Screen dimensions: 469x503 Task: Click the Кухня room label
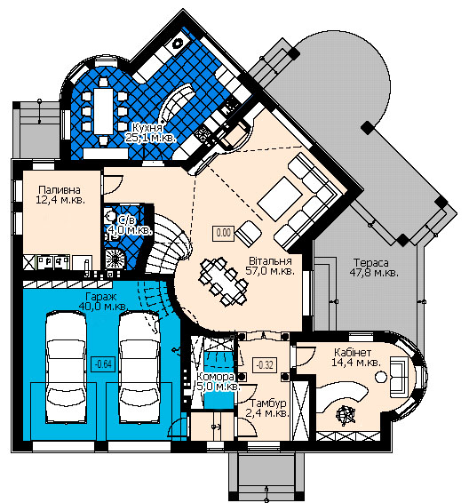[x=147, y=127]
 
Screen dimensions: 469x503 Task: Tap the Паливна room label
[x=60, y=189]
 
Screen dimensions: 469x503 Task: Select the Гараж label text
[x=101, y=297]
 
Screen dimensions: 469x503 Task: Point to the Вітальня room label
[x=270, y=260]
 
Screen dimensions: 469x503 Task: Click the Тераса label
[x=371, y=263]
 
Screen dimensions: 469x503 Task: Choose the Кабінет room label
[x=353, y=352]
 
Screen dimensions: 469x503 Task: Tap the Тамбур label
[x=268, y=403]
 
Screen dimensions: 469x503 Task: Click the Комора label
[x=215, y=376]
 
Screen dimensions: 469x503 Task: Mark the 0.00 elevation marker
[x=224, y=233]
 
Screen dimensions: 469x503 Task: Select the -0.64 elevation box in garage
[x=103, y=364]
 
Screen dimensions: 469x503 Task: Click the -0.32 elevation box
[x=265, y=365]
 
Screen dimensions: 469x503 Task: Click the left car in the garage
[x=67, y=368]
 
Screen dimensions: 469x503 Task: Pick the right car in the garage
[x=139, y=368]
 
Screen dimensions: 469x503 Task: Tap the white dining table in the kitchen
[x=104, y=111]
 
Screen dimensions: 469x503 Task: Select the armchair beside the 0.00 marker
[x=249, y=233]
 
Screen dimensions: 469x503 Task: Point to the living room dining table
[x=223, y=282]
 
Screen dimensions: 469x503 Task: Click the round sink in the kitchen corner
[x=178, y=44]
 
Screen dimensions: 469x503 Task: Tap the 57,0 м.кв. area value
[x=270, y=271]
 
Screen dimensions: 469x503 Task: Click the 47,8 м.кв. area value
[x=374, y=273]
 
